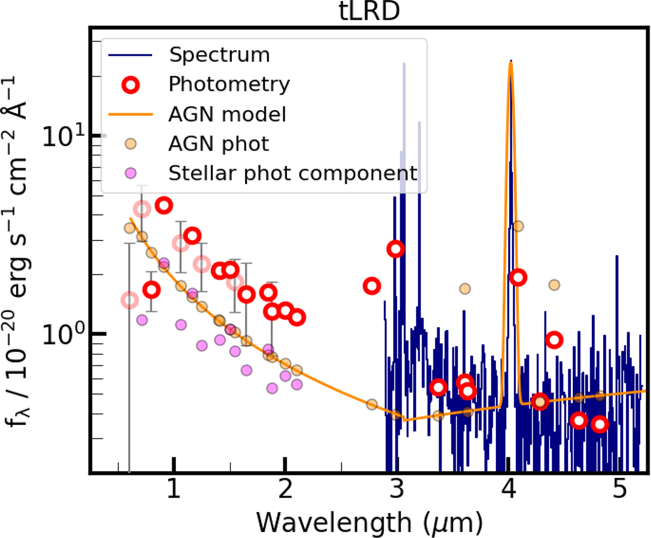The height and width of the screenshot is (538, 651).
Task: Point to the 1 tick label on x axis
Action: click(x=174, y=492)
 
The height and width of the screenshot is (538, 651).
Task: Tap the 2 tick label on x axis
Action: click(x=285, y=492)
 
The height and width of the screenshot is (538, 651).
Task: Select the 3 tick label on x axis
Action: click(x=397, y=492)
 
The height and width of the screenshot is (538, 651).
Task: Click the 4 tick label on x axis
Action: click(x=508, y=492)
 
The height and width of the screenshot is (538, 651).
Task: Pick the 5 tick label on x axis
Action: click(x=620, y=492)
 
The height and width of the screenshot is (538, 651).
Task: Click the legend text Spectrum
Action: click(x=219, y=55)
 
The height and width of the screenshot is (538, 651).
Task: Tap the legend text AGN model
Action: click(x=228, y=114)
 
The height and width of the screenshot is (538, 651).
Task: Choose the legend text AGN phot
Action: click(x=219, y=144)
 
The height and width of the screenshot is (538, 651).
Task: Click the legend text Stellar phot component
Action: click(x=293, y=173)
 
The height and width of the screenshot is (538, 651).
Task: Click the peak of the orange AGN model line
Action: click(x=510, y=62)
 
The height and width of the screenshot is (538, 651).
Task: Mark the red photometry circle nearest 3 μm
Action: click(x=396, y=249)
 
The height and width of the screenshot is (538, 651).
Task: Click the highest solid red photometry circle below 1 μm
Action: click(x=164, y=205)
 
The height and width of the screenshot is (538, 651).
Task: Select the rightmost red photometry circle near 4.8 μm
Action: click(x=599, y=424)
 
